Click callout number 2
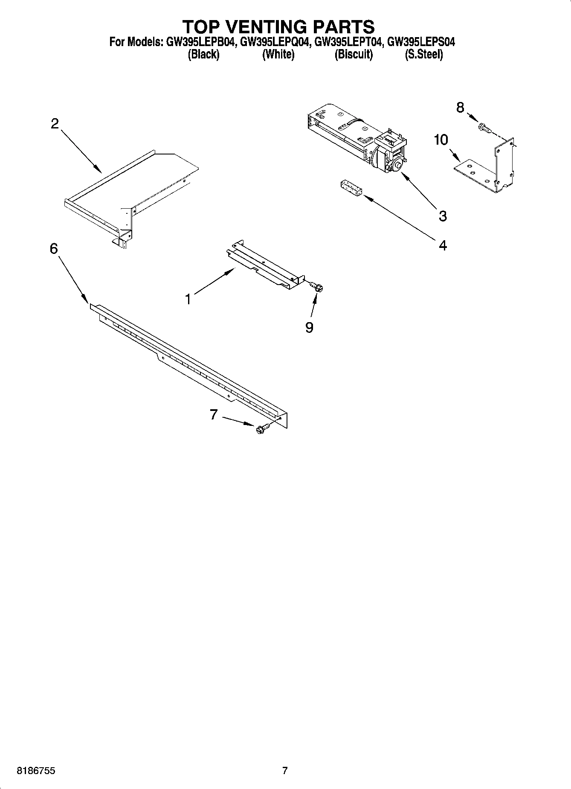click(55, 124)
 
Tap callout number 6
click(54, 248)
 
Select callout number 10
click(441, 140)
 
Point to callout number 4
click(443, 245)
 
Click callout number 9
click(309, 327)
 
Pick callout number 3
click(443, 216)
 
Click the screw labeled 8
click(484, 127)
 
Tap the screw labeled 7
click(261, 428)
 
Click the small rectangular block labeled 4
click(351, 188)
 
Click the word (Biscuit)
click(354, 55)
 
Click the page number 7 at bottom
click(285, 771)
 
